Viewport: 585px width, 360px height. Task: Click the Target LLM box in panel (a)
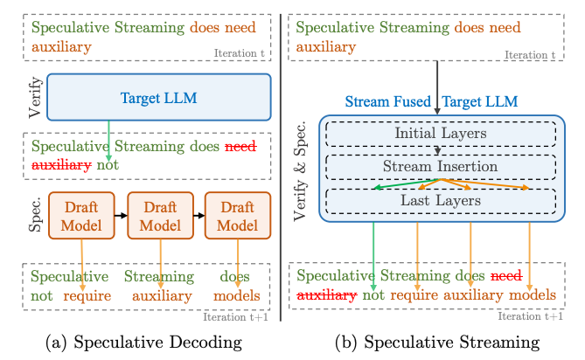pyautogui.click(x=159, y=97)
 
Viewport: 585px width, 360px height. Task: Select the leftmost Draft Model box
pyautogui.click(x=81, y=216)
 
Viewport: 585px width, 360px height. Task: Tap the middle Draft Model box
pyautogui.click(x=160, y=216)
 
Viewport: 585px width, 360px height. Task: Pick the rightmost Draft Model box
pyautogui.click(x=238, y=216)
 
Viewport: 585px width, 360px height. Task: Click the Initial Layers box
pyautogui.click(x=441, y=134)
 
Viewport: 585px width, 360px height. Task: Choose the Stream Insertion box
pyautogui.click(x=441, y=167)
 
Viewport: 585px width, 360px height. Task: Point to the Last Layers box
pyautogui.click(x=441, y=201)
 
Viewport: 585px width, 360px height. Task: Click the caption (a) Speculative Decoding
pyautogui.click(x=143, y=343)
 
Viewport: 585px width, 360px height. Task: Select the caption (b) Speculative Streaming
pyautogui.click(x=437, y=343)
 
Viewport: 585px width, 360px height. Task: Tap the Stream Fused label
pyautogui.click(x=387, y=101)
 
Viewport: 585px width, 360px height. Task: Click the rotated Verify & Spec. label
pyautogui.click(x=300, y=171)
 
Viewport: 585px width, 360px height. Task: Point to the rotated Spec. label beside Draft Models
pyautogui.click(x=36, y=215)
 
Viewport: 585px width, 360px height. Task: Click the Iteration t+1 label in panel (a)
pyautogui.click(x=235, y=317)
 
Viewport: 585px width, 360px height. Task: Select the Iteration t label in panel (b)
pyautogui.click(x=530, y=55)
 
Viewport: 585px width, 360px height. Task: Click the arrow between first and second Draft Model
pyautogui.click(x=121, y=216)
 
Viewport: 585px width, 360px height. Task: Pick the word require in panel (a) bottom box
pyautogui.click(x=87, y=296)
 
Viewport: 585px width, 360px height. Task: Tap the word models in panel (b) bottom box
pyautogui.click(x=533, y=294)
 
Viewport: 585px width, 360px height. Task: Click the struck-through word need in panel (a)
pyautogui.click(x=240, y=146)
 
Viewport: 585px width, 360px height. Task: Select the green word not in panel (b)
pyautogui.click(x=373, y=294)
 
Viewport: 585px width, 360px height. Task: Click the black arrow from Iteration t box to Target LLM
pyautogui.click(x=437, y=87)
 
